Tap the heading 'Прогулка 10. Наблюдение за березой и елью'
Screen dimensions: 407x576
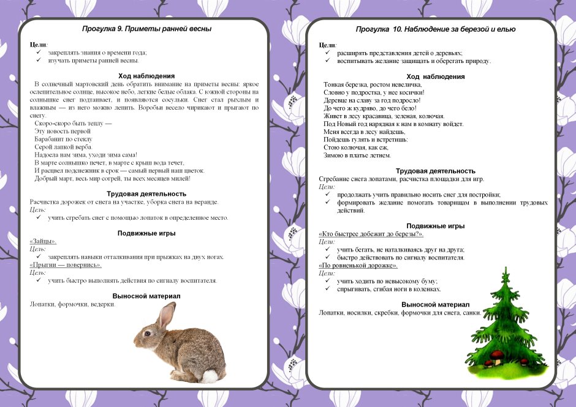pyautogui.click(x=436, y=29)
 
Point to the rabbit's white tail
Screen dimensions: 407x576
pyautogui.click(x=210, y=376)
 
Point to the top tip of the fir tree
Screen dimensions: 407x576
pyautogui.click(x=506, y=269)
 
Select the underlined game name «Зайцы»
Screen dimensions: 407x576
pyautogui.click(x=43, y=242)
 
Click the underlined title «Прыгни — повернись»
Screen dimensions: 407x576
pyautogui.click(x=66, y=265)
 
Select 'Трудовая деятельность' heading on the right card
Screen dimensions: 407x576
pyautogui.click(x=436, y=171)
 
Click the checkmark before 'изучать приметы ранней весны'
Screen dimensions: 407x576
pyautogui.click(x=38, y=61)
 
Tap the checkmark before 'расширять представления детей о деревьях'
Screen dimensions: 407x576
pyautogui.click(x=327, y=53)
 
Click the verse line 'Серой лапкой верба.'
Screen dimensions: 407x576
pyautogui.click(x=64, y=147)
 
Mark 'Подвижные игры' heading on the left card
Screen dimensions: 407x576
pyautogui.click(x=146, y=233)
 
